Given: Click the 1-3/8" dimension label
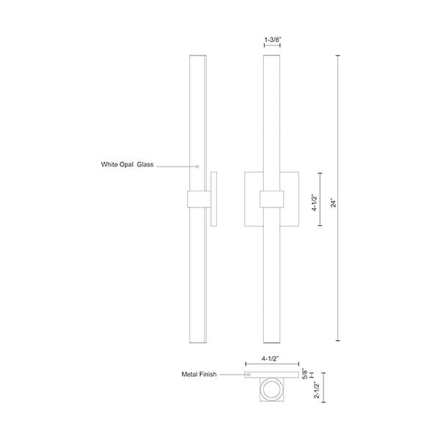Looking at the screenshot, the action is click(272, 40).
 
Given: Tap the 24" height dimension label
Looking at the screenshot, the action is click(333, 203).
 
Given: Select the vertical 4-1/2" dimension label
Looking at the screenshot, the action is click(315, 202).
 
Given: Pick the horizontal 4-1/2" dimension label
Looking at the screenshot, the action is click(270, 359).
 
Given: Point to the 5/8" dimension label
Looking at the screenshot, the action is click(305, 374).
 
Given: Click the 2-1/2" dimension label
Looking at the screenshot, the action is click(317, 390).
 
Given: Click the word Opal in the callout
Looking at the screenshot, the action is click(127, 164).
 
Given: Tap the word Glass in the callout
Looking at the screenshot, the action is click(145, 164).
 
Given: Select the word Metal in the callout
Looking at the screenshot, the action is click(189, 374).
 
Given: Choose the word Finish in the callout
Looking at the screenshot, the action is click(208, 374).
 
